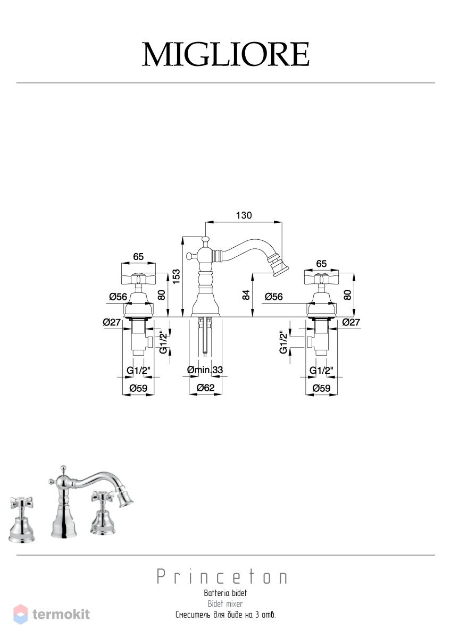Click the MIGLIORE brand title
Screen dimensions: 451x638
pyautogui.click(x=225, y=54)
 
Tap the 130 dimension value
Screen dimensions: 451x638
pyautogui.click(x=244, y=216)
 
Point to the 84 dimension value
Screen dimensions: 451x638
pyautogui.click(x=246, y=295)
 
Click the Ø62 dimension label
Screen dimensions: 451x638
pyautogui.click(x=205, y=388)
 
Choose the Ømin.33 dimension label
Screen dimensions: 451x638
pyautogui.click(x=205, y=370)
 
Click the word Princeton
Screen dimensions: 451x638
pyautogui.click(x=222, y=577)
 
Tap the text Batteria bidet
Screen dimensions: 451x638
pyautogui.click(x=225, y=593)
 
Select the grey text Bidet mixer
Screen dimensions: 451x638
pyautogui.click(x=225, y=603)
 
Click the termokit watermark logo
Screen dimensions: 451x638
pyautogui.click(x=52, y=615)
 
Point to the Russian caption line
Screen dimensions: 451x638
pyautogui.click(x=225, y=615)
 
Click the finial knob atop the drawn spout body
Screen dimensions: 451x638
pyautogui.click(x=205, y=240)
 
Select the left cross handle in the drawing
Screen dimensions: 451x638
pyautogui.click(x=138, y=278)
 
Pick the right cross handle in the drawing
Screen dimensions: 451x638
pyautogui.click(x=321, y=278)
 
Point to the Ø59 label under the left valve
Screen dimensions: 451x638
pyautogui.click(x=138, y=388)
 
